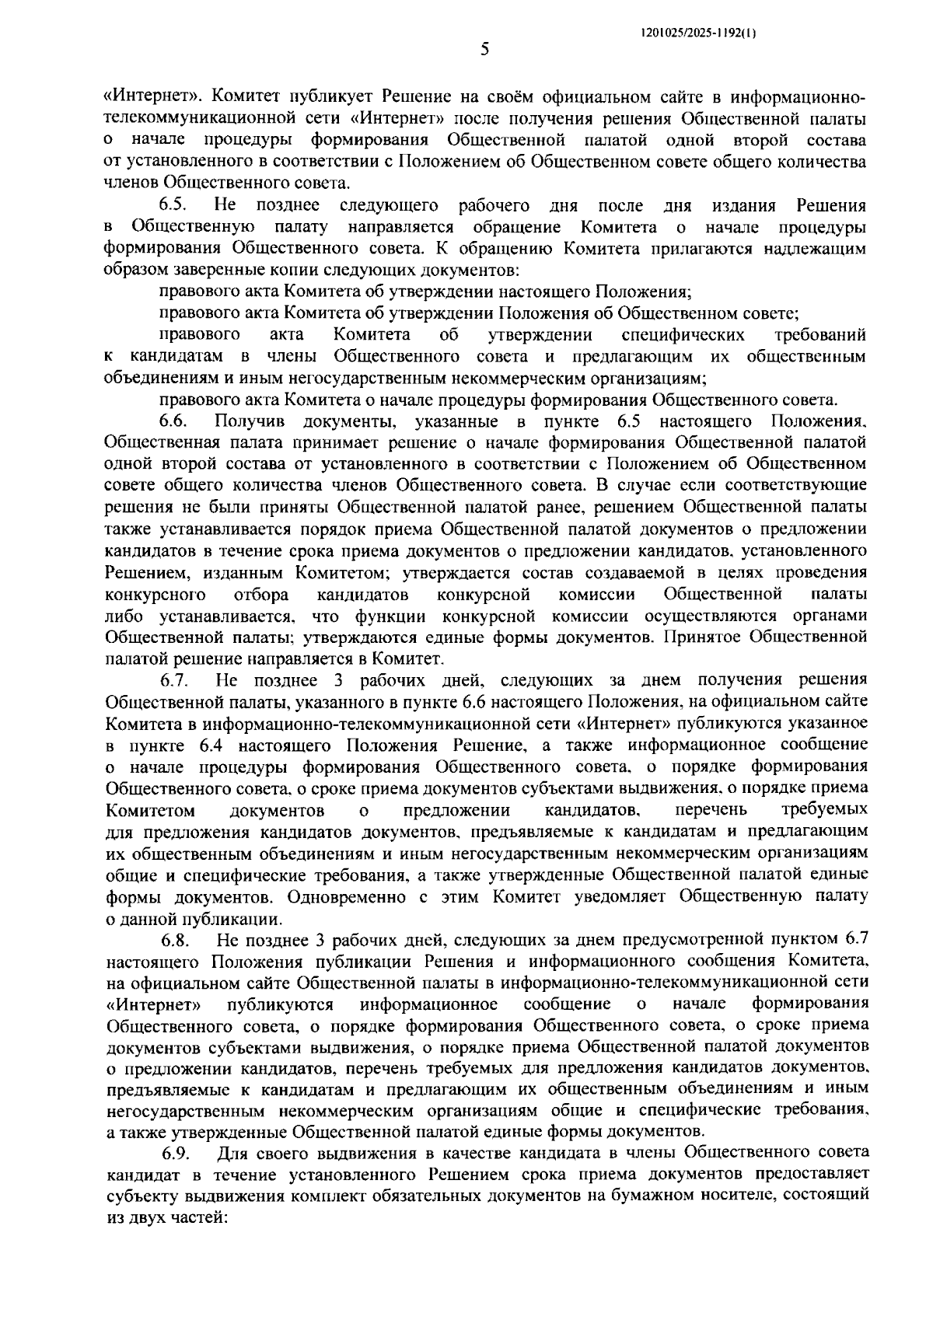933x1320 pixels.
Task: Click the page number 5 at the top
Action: pyautogui.click(x=484, y=51)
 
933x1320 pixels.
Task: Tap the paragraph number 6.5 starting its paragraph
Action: pyautogui.click(x=173, y=206)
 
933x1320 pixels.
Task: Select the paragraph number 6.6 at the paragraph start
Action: pyautogui.click(x=173, y=422)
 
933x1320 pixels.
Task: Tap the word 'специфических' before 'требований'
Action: pyautogui.click(x=683, y=335)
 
